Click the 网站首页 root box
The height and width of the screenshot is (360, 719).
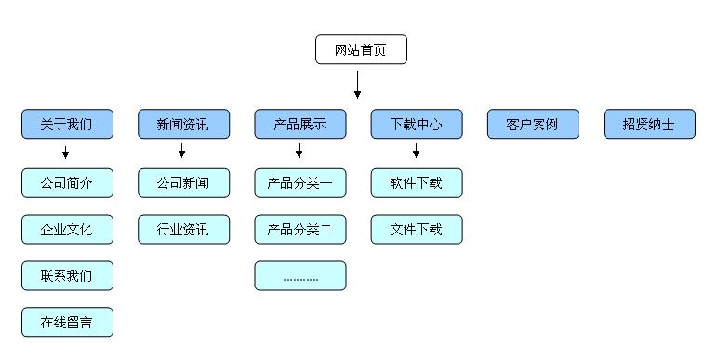coord(361,49)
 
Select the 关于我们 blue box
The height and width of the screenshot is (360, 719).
coord(67,124)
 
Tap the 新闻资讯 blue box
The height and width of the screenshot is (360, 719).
coord(183,124)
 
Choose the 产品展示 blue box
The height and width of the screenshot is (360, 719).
coord(300,124)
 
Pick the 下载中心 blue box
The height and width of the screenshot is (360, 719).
coord(417,124)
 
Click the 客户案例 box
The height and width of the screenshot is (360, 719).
coord(533,124)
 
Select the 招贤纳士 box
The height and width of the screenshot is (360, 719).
coord(649,124)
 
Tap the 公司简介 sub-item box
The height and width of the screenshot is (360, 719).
coord(67,183)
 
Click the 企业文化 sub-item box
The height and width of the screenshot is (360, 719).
coord(67,229)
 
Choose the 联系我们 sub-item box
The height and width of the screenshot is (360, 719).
coord(67,275)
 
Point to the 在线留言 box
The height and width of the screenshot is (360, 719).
coord(67,322)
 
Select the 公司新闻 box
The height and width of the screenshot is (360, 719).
coord(183,183)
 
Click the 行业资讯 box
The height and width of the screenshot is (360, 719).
coord(183,229)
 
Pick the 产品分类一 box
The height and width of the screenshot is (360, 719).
coord(300,183)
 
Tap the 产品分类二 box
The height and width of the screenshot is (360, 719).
coord(300,229)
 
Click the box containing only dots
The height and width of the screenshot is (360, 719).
coord(300,275)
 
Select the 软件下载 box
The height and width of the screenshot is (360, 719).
coord(417,183)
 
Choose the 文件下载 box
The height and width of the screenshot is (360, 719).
coord(417,229)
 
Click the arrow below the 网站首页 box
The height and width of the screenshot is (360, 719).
coord(357,86)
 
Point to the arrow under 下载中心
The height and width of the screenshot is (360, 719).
coord(415,152)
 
